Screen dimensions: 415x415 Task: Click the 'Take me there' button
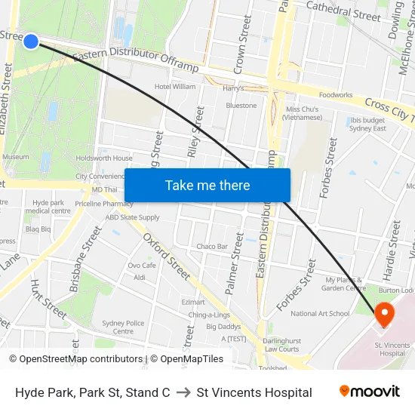click(207, 186)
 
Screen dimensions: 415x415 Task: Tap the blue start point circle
click(31, 41)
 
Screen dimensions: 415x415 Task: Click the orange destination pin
click(383, 314)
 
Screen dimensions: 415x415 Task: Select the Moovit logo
click(370, 392)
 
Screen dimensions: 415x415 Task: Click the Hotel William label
click(174, 87)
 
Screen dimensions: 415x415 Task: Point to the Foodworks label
click(336, 95)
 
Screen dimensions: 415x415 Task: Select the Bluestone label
click(241, 106)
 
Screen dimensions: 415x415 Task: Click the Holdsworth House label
click(104, 158)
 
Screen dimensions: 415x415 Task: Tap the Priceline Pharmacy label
click(104, 204)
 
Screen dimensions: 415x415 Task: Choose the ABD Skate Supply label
click(132, 217)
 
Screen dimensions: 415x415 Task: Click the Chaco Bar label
click(212, 247)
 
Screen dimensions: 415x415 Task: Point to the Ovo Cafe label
click(142, 266)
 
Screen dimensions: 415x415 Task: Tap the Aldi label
click(139, 278)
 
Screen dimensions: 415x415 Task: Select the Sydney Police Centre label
click(123, 327)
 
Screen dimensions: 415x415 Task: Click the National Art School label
click(320, 314)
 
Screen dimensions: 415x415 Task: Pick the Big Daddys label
click(223, 327)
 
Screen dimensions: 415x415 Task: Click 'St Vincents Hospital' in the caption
click(254, 392)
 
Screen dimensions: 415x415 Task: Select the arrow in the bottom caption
click(183, 392)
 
